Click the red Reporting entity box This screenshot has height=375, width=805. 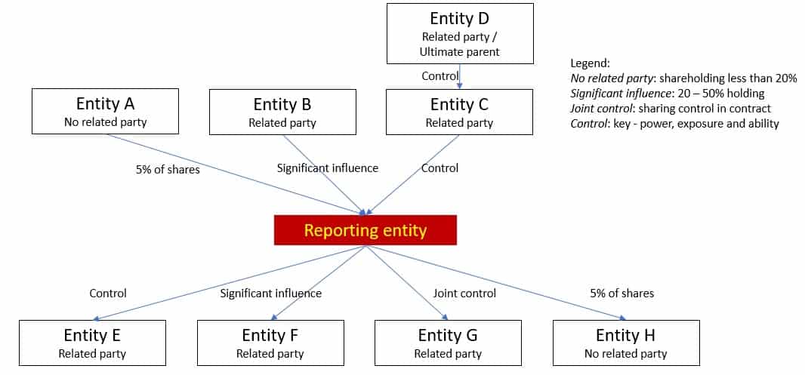click(365, 230)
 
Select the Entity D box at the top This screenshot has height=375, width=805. click(460, 33)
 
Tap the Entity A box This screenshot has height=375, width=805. click(105, 112)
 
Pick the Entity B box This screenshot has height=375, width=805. click(282, 112)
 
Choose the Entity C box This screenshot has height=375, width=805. click(459, 112)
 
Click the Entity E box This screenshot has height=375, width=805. click(92, 343)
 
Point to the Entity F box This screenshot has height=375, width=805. click(270, 343)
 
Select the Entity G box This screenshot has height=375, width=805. click(448, 343)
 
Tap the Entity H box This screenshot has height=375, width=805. click(626, 343)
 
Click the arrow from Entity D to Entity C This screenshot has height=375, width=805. click(460, 76)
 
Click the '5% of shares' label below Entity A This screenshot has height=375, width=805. click(168, 169)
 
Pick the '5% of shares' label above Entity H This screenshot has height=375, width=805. click(621, 293)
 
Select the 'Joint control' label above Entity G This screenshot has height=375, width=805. click(464, 293)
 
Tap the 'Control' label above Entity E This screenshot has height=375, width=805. click(108, 293)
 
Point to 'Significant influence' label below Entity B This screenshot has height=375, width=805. click(328, 168)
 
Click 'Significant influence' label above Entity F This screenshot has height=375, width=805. click(270, 293)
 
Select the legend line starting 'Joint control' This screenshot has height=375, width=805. click(671, 108)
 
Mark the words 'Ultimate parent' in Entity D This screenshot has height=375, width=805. click(460, 52)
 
